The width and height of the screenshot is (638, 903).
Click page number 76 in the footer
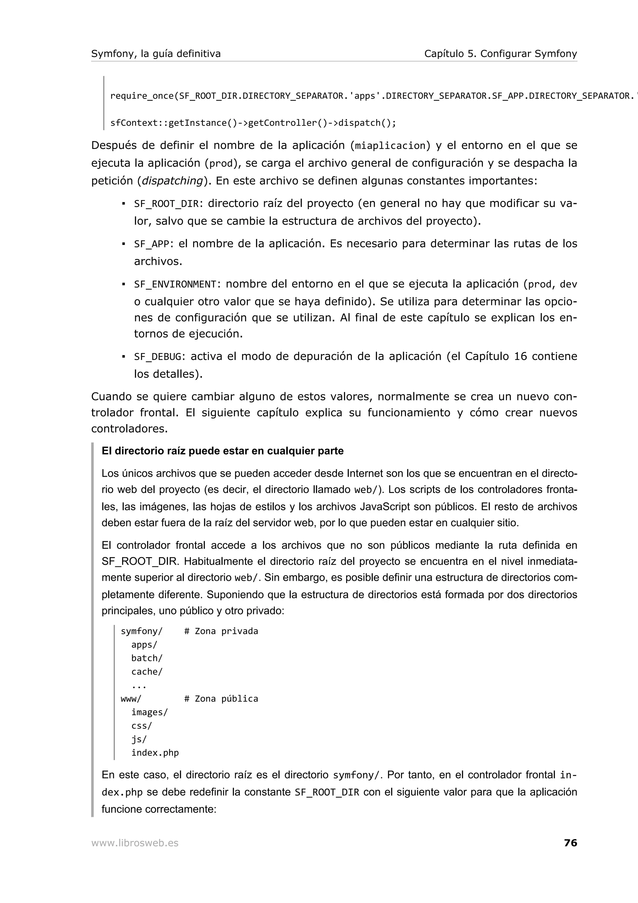click(x=570, y=843)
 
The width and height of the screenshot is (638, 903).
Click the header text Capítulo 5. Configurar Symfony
click(x=500, y=54)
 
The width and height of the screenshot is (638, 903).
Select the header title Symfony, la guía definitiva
click(x=156, y=54)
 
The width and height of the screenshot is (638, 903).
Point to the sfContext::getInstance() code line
click(x=253, y=123)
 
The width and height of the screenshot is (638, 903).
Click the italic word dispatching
click(x=172, y=181)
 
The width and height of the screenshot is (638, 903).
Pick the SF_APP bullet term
click(x=152, y=244)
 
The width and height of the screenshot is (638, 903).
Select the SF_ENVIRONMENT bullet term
click(x=175, y=284)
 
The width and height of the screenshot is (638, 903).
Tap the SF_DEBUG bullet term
click(x=158, y=357)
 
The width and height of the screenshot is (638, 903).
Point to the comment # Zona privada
click(x=221, y=631)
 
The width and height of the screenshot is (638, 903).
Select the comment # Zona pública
click(x=221, y=699)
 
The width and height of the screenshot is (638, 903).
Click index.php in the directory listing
click(x=155, y=753)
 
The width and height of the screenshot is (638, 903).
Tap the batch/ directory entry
click(x=147, y=658)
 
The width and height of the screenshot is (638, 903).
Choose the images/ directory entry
click(x=150, y=712)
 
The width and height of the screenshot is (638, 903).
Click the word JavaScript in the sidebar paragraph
click(x=385, y=507)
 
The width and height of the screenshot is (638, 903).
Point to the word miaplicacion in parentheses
click(x=390, y=146)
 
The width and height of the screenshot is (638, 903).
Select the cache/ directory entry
click(x=147, y=672)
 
